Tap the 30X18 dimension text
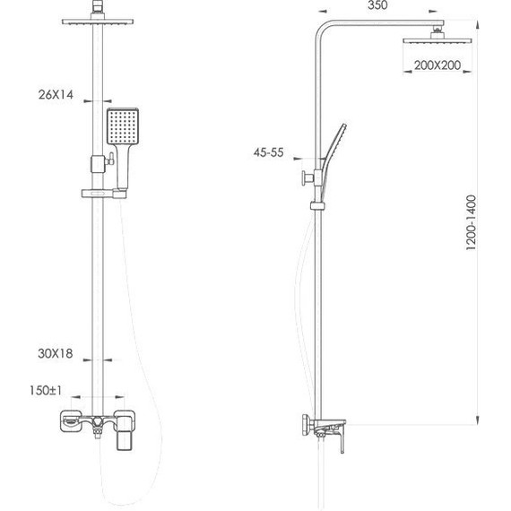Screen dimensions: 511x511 pyautogui.click(x=56, y=354)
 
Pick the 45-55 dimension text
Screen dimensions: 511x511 pyautogui.click(x=267, y=153)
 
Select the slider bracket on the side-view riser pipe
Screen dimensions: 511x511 pyautogui.click(x=316, y=208)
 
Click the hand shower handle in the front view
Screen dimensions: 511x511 pyautogui.click(x=123, y=169)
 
